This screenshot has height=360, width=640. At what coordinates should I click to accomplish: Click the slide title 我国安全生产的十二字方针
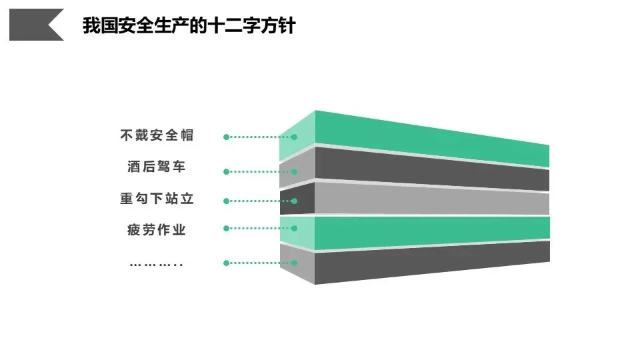click(x=188, y=26)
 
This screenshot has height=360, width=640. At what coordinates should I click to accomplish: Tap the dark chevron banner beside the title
click(x=37, y=25)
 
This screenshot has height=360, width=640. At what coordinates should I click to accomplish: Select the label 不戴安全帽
click(x=157, y=135)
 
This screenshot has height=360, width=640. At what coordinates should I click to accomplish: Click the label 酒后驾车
click(x=157, y=166)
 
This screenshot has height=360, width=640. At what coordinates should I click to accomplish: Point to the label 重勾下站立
click(x=157, y=198)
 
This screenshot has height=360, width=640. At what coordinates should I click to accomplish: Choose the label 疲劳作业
click(x=157, y=230)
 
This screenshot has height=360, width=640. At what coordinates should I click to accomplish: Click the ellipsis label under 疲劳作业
click(x=156, y=264)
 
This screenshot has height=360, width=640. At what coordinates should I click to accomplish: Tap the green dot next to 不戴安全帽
click(x=227, y=137)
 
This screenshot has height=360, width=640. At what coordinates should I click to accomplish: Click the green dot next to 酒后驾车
click(x=227, y=171)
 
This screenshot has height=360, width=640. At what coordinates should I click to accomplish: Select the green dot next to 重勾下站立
click(x=227, y=201)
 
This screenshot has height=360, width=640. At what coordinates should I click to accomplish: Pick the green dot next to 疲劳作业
click(x=227, y=228)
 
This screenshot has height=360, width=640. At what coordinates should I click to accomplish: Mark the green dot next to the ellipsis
click(x=227, y=263)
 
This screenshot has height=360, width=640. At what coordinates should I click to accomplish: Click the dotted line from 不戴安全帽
click(x=260, y=137)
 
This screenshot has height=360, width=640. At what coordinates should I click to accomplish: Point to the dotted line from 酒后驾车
click(x=260, y=171)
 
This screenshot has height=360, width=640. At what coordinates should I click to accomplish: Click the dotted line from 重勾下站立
click(x=260, y=201)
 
